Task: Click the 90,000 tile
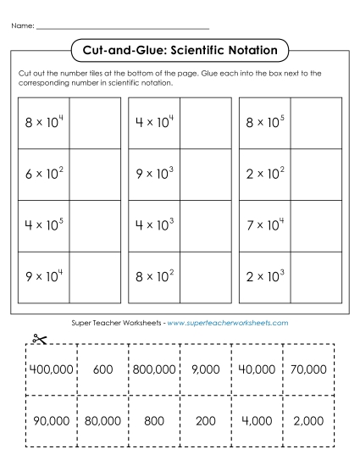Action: [49, 419]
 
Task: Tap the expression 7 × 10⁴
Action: [264, 225]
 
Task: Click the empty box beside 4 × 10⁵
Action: [94, 225]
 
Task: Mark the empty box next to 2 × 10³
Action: [314, 277]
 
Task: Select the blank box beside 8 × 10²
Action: [204, 277]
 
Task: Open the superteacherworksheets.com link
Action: [229, 323]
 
